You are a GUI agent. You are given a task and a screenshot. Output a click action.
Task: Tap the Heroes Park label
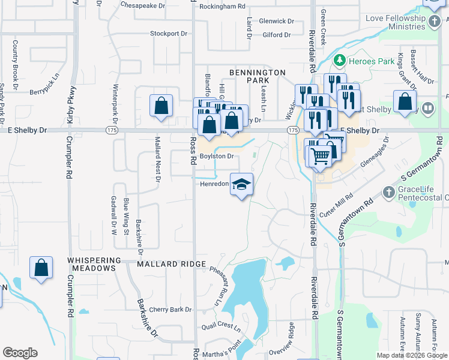[372, 61]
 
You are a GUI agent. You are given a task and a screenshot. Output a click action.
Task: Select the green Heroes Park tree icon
[340, 61]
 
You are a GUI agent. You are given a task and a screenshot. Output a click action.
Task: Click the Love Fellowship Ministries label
[395, 23]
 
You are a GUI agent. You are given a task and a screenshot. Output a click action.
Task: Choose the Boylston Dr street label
[216, 156]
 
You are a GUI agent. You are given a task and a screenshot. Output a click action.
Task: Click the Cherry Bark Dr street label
[170, 310]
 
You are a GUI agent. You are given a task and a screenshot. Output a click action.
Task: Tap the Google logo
[20, 353]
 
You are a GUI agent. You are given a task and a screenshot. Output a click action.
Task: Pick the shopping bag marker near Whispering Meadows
[41, 268]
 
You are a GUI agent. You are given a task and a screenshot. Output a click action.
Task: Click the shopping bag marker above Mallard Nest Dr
[161, 106]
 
